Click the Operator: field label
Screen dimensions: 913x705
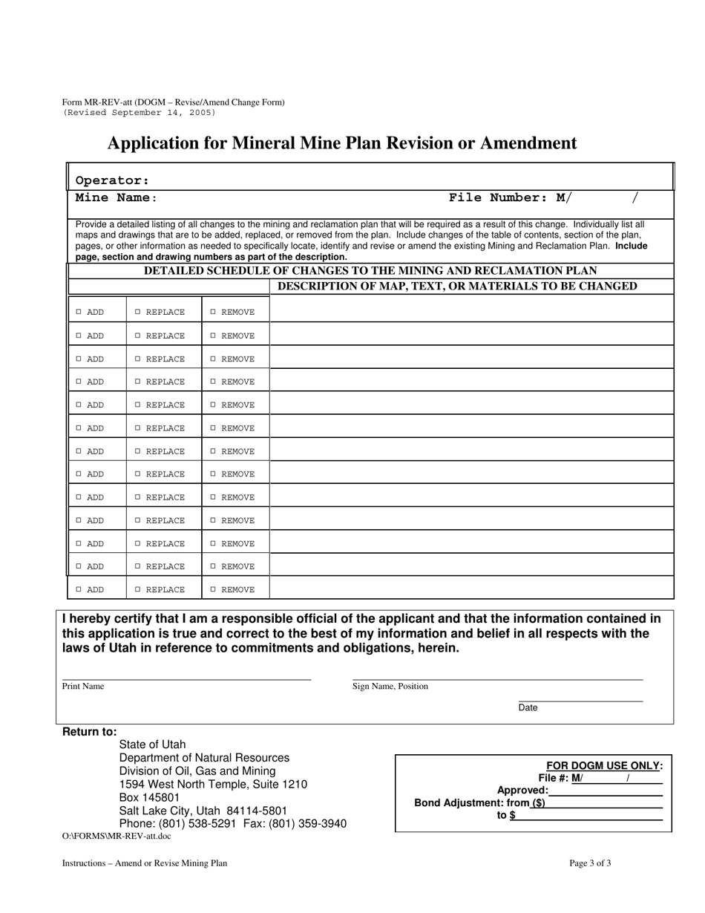tap(113, 180)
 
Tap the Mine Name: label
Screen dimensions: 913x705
tap(117, 198)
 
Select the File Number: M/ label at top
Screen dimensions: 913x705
tap(511, 198)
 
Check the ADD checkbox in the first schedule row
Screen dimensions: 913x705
tap(79, 312)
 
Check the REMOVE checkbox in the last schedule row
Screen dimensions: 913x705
tap(214, 590)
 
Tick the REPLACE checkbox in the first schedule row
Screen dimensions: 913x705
tap(138, 312)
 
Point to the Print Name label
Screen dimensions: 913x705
tap(83, 687)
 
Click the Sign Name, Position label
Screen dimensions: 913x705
tap(390, 687)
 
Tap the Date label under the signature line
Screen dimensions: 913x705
tap(528, 708)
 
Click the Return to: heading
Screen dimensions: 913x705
tap(90, 733)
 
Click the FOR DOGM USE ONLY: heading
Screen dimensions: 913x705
tap(604, 766)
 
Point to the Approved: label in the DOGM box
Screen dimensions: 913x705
tap(522, 791)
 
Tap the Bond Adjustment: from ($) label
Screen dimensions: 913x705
tap(479, 803)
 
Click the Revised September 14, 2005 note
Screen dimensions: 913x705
tap(140, 113)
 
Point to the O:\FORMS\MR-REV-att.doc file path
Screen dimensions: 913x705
tap(117, 836)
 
